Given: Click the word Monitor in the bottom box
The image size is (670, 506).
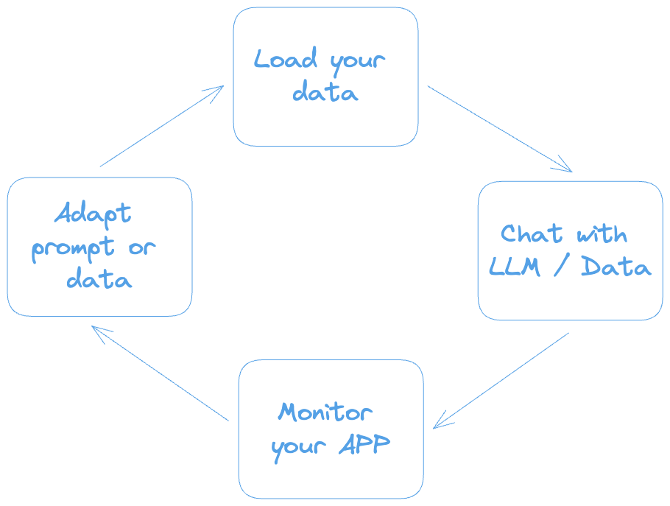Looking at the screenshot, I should coord(325,412).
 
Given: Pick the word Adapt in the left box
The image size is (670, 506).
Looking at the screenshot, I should coord(93,214).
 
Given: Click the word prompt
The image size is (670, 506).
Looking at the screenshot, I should coord(73,249).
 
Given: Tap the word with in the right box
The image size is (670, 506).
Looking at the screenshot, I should coord(602,235).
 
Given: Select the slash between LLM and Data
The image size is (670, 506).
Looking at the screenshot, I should coord(561,267).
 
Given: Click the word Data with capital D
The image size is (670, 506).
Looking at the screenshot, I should coord(616,267).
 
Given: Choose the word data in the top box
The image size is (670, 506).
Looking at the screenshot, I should coord(325,94).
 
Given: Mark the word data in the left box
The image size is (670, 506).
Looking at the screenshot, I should coord(99,280).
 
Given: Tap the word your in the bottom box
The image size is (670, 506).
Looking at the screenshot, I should coord(297,447).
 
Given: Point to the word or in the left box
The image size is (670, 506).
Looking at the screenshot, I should coord(141,248).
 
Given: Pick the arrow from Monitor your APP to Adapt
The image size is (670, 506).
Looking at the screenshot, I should coord(161,373).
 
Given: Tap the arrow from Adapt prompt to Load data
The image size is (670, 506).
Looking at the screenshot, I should coord(161,125).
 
